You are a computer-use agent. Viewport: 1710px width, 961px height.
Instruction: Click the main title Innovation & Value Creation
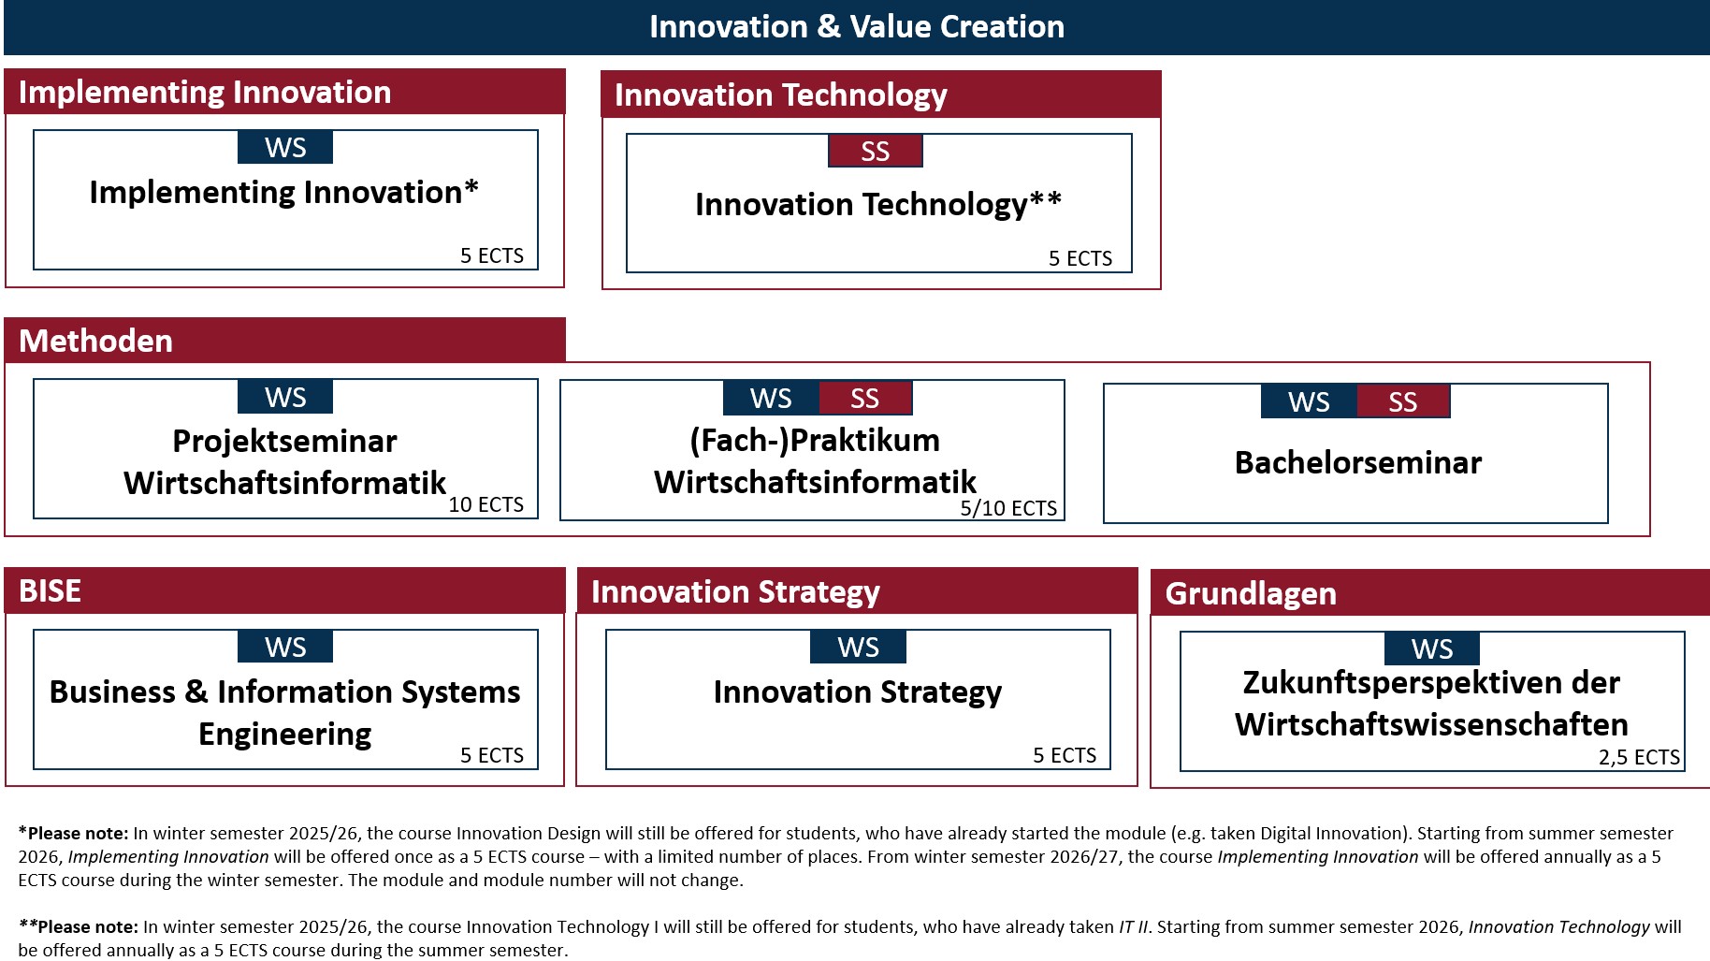pyautogui.click(x=857, y=26)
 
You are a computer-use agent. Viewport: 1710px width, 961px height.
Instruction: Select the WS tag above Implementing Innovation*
pyautogui.click(x=285, y=147)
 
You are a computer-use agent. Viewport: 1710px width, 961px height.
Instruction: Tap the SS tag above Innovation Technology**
pyautogui.click(x=876, y=151)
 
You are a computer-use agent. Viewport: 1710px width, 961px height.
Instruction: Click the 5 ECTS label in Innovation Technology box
pyautogui.click(x=1080, y=258)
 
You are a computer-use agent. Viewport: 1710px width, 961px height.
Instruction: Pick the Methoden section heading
pyautogui.click(x=95, y=341)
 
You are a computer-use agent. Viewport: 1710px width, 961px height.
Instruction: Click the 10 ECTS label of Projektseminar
pyautogui.click(x=485, y=504)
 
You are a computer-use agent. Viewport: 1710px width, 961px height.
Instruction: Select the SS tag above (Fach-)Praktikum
pyautogui.click(x=865, y=398)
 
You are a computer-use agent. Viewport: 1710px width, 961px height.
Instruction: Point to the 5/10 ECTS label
pyautogui.click(x=1008, y=508)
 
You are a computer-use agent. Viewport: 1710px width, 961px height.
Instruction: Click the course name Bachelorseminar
pyautogui.click(x=1358, y=462)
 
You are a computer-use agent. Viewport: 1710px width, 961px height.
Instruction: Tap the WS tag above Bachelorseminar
pyautogui.click(x=1309, y=401)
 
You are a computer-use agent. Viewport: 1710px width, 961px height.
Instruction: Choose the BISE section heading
pyautogui.click(x=50, y=590)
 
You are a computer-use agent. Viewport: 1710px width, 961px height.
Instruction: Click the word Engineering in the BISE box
pyautogui.click(x=285, y=735)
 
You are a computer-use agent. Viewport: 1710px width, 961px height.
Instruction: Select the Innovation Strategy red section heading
pyautogui.click(x=735, y=591)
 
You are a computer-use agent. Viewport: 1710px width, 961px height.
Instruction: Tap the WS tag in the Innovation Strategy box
pyautogui.click(x=859, y=647)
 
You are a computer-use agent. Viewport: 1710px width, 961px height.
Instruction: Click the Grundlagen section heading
pyautogui.click(x=1251, y=593)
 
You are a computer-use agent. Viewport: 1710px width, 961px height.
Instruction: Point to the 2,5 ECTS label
pyautogui.click(x=1639, y=757)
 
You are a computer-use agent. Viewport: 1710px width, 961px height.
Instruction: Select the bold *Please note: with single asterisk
pyautogui.click(x=73, y=833)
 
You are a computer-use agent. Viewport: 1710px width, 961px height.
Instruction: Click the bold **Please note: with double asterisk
pyautogui.click(x=78, y=926)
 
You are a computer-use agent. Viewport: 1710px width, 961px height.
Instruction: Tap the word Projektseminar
pyautogui.click(x=285, y=441)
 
